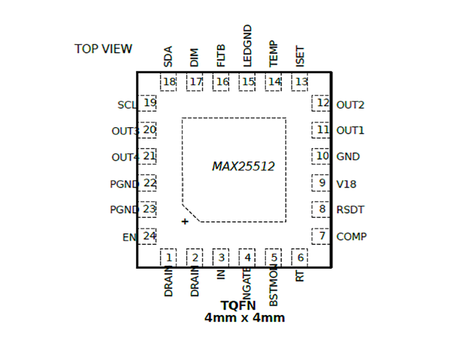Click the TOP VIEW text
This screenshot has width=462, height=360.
pyautogui.click(x=103, y=49)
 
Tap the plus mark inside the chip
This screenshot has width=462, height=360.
pyautogui.click(x=185, y=222)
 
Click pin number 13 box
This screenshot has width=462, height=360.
pyautogui.click(x=301, y=82)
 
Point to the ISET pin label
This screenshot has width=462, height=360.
pyautogui.click(x=301, y=56)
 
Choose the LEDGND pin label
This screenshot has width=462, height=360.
pyautogui.click(x=248, y=46)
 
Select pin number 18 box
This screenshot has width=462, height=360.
pyautogui.click(x=169, y=82)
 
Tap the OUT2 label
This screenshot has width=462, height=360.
pyautogui.click(x=350, y=105)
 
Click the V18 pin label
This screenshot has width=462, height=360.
pyautogui.click(x=346, y=184)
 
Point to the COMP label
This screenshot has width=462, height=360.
pyautogui.click(x=351, y=236)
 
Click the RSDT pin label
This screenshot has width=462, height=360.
pyautogui.click(x=350, y=210)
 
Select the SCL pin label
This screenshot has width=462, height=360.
pyautogui.click(x=127, y=105)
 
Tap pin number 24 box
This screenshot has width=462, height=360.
pyautogui.click(x=149, y=236)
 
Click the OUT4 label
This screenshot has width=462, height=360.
pyautogui.click(x=125, y=157)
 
